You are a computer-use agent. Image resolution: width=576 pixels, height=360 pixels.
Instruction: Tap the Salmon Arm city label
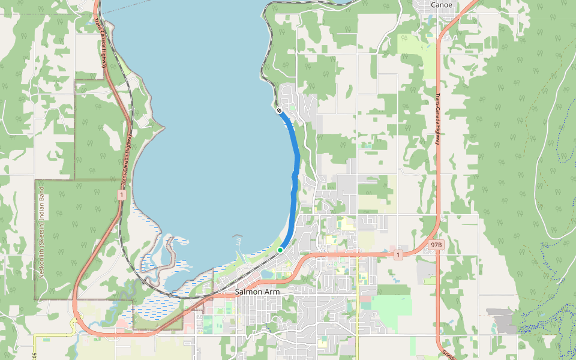point(257,292)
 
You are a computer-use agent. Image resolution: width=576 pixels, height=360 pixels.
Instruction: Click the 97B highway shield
point(436,245)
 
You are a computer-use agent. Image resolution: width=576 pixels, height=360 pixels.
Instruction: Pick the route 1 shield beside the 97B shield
point(398,255)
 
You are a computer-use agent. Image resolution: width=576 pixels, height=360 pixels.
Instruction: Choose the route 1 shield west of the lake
point(122,195)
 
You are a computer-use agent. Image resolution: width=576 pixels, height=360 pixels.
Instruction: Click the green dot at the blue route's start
point(280,250)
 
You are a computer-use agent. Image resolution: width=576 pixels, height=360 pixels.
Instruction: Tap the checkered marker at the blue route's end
point(279,110)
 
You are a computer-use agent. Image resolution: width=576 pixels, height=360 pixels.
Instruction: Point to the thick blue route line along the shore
point(296,156)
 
